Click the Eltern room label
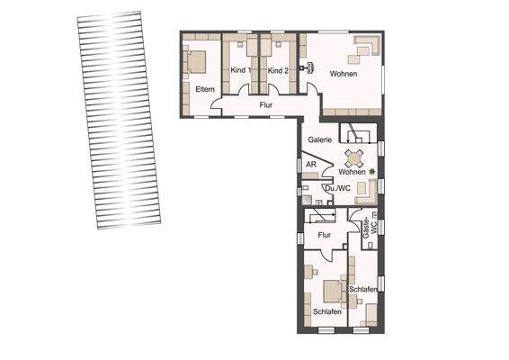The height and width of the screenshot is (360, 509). [x=202, y=89]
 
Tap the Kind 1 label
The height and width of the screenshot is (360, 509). [x=239, y=70]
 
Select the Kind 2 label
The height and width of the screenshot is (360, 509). [x=278, y=70]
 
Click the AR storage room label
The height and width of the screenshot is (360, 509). [x=310, y=165]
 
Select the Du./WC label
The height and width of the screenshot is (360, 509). [x=337, y=189]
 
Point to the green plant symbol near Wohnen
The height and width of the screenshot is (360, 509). [x=370, y=171]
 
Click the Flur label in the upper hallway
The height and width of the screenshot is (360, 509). [x=266, y=105]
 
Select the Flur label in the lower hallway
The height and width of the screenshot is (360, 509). [x=325, y=236]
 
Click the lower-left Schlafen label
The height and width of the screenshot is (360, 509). [x=326, y=310]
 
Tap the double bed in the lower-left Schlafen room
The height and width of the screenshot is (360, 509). [x=329, y=290]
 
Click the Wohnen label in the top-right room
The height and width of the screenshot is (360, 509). [x=344, y=74]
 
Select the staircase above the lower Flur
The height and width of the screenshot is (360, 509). [x=319, y=216]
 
